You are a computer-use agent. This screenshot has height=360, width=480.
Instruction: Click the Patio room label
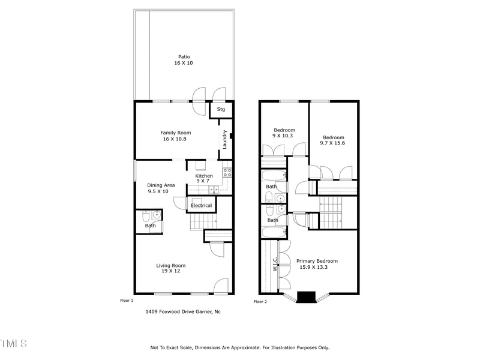(184, 60)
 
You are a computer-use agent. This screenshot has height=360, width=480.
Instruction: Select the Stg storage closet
(221, 109)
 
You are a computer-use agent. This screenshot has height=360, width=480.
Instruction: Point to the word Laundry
(224, 139)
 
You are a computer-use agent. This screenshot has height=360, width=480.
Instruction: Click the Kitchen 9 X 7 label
(204, 178)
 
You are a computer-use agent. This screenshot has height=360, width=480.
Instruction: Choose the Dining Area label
(161, 188)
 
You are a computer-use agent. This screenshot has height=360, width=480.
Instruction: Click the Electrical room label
(202, 206)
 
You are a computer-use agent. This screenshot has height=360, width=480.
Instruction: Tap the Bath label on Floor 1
(150, 226)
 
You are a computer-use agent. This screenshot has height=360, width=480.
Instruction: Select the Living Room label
(171, 268)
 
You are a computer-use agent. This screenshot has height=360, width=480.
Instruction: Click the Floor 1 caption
(127, 300)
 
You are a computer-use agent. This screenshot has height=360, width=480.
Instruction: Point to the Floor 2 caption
(260, 301)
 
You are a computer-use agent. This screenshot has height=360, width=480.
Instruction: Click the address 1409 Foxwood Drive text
(183, 312)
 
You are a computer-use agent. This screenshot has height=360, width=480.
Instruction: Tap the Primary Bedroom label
(317, 264)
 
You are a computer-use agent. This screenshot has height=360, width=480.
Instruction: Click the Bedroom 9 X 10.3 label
(284, 133)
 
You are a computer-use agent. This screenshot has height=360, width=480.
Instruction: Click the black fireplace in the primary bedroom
(307, 297)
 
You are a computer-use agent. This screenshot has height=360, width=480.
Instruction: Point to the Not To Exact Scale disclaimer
(239, 347)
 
